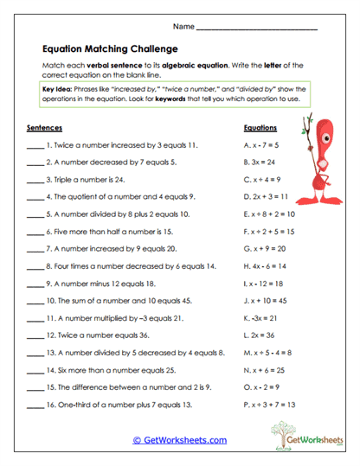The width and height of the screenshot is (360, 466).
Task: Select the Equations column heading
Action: tap(260, 127)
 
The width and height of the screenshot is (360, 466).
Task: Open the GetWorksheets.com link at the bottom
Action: tap(180, 439)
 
